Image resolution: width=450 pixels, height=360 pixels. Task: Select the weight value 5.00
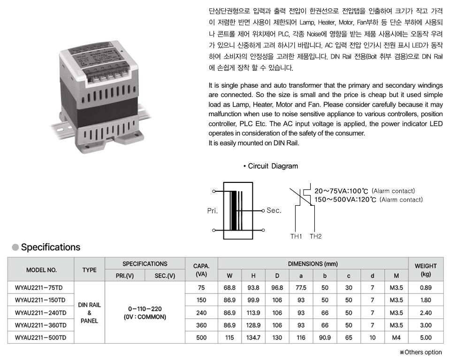[426, 337]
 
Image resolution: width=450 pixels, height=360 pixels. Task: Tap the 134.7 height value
[253, 337]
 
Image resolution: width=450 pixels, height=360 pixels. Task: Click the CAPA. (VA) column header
[201, 270]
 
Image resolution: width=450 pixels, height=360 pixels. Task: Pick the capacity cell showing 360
[201, 325]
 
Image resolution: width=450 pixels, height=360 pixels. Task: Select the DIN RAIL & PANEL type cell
[89, 313]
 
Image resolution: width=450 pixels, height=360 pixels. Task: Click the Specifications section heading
[51, 247]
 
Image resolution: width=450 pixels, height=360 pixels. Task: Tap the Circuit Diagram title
[273, 166]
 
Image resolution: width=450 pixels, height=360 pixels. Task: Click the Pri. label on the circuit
[213, 211]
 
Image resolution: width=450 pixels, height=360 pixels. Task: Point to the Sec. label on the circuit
[274, 210]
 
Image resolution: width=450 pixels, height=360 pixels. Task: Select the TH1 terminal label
[296, 236]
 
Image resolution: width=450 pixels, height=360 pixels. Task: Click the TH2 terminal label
[316, 236]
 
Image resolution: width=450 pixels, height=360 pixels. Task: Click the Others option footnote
[420, 352]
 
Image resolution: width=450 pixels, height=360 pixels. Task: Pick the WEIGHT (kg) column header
[426, 270]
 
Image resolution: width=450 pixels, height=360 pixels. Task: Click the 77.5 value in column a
[301, 287]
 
